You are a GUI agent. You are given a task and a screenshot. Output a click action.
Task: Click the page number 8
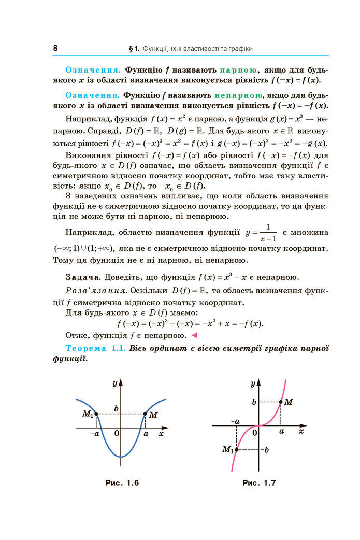tap(55, 48)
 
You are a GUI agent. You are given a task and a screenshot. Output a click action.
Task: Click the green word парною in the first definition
tap(238, 70)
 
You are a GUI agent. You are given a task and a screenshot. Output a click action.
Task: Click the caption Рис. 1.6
tap(122, 483)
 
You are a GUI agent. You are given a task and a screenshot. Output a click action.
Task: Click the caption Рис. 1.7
tap(259, 483)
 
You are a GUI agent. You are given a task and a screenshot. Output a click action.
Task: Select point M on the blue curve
tap(145, 414)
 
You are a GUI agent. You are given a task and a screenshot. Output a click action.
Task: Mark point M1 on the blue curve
tap(96, 414)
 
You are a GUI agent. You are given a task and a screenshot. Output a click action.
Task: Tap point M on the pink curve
tap(281, 402)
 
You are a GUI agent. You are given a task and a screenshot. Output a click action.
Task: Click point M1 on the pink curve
tap(236, 450)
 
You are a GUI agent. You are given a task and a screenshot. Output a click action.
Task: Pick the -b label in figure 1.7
tap(265, 449)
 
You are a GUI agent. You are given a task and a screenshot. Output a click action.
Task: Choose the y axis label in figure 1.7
tap(253, 384)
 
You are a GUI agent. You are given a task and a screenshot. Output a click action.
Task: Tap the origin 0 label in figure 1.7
tap(254, 433)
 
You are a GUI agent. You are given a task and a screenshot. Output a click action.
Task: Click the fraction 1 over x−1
tap(268, 234)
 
